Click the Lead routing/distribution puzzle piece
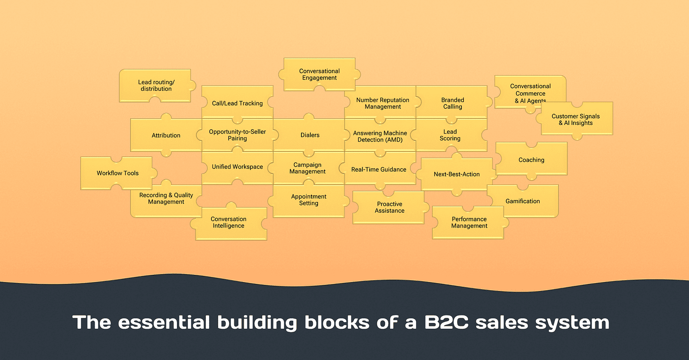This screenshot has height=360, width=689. (x=155, y=86)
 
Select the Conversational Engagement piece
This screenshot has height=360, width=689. (x=319, y=74)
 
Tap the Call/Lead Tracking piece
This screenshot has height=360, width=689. (x=237, y=103)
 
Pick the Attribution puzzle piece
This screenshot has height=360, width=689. (x=166, y=135)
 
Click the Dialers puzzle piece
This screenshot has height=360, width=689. (x=310, y=135)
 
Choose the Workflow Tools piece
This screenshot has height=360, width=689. (x=117, y=173)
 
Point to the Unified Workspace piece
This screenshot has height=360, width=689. (x=237, y=167)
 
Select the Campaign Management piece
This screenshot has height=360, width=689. (x=308, y=168)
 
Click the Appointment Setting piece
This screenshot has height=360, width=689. (x=309, y=200)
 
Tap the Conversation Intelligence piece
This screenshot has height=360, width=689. (x=229, y=223)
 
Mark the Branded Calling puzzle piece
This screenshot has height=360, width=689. (x=452, y=103)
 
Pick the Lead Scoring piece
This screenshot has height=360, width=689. (x=450, y=135)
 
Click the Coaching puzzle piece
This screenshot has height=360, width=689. (x=531, y=160)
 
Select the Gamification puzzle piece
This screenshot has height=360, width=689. (x=522, y=201)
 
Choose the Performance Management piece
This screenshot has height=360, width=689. (x=469, y=222)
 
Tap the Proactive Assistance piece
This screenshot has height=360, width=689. (x=389, y=208)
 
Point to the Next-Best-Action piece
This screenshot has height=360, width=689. (x=457, y=174)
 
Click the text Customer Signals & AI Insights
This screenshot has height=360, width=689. (x=575, y=120)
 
